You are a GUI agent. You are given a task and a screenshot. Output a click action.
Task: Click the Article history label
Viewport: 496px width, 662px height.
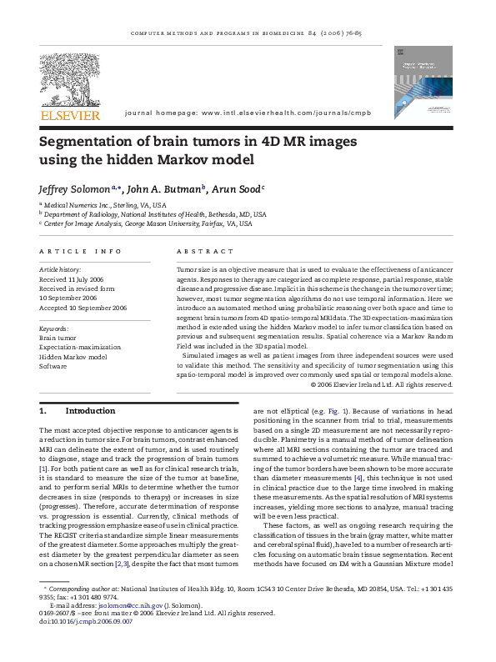58,271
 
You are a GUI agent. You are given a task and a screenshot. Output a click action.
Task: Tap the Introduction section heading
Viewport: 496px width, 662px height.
90,410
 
